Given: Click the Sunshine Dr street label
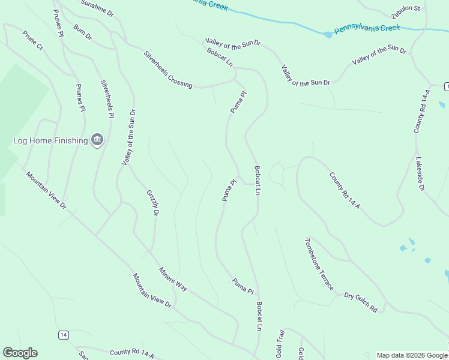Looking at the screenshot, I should (x=97, y=8).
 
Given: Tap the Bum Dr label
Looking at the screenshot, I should (x=83, y=32).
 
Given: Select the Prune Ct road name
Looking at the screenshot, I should (x=33, y=40).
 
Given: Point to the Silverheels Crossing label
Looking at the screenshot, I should (x=168, y=70).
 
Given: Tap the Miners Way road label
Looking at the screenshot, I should (x=173, y=279).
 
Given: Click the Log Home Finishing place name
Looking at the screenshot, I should (x=50, y=141).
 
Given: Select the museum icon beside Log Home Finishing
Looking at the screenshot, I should (x=97, y=140).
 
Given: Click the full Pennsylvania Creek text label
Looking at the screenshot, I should (x=367, y=28).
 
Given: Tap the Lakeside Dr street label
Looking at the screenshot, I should (x=420, y=174).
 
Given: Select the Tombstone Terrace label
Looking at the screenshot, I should (x=319, y=264).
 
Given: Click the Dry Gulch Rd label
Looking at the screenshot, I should (x=361, y=302).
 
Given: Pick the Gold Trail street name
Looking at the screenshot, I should (x=280, y=343).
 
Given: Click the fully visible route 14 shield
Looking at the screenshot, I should (x=63, y=335).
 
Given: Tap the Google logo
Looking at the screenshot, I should (x=20, y=353).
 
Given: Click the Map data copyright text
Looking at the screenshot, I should (x=412, y=355).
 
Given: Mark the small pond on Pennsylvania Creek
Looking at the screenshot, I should (x=328, y=35).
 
